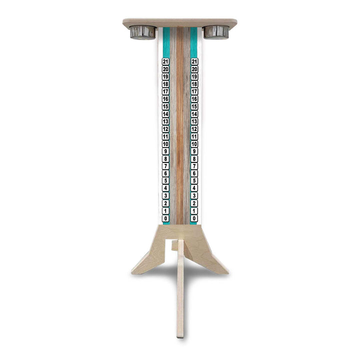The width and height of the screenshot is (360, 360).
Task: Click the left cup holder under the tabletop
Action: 142,32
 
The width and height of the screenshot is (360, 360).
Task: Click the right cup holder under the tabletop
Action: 216,32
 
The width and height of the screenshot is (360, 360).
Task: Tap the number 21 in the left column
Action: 166,61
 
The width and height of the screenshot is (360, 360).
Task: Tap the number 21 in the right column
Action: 194,61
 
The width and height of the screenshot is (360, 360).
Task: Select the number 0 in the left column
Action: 166,218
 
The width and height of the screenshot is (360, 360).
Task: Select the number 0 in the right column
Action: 194,218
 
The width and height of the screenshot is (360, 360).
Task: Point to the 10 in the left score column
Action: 166,144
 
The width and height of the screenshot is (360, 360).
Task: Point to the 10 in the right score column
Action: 194,144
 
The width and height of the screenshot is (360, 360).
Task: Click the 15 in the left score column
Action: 166,106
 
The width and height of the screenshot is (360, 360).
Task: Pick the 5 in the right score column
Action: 194,181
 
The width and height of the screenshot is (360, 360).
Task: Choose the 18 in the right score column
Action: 194,84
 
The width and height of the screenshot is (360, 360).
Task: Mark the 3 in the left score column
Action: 166,196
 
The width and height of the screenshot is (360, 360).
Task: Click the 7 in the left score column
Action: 166,166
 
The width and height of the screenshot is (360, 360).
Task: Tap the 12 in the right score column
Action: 194,129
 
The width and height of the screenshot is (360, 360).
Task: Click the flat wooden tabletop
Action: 180,22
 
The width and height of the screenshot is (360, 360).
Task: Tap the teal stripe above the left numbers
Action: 166,42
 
